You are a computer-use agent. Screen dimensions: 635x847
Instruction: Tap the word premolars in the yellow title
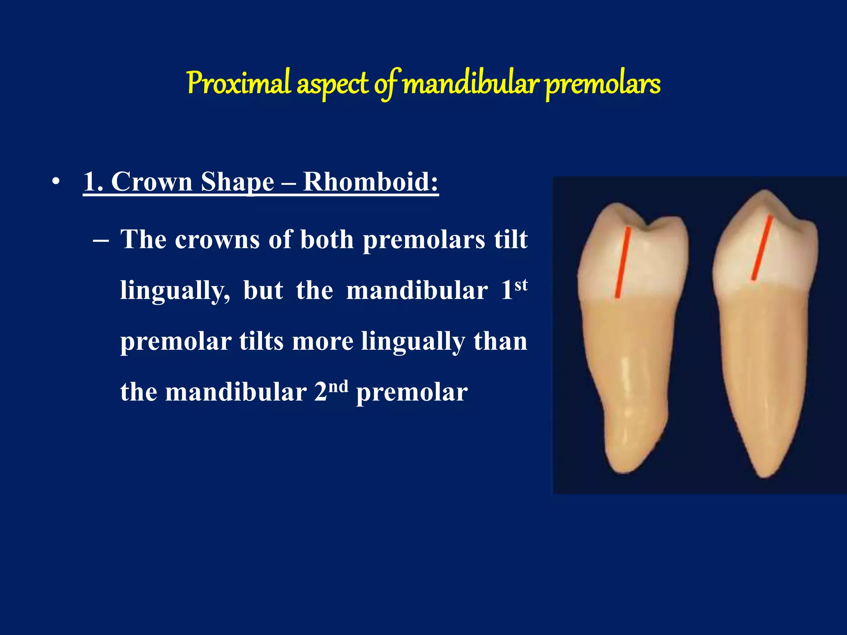click(602, 84)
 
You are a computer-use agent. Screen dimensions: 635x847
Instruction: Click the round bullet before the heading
click(56, 182)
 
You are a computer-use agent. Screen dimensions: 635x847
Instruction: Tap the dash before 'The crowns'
click(101, 240)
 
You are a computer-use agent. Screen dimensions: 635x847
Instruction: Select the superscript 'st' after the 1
click(521, 285)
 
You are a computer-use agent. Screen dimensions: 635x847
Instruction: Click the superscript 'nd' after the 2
click(338, 387)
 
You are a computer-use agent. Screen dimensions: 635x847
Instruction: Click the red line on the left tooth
click(622, 263)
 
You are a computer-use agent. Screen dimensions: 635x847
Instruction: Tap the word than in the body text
click(500, 341)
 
